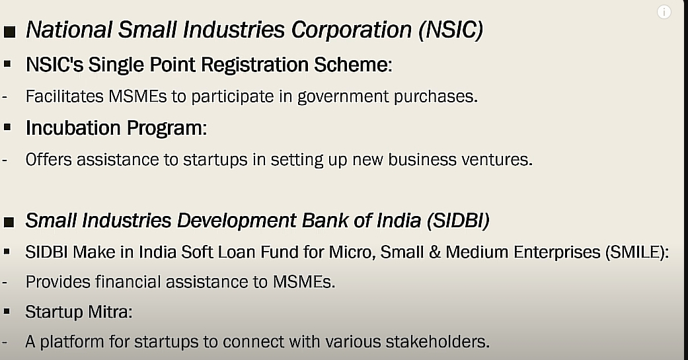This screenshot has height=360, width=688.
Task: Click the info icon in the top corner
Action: [664, 12]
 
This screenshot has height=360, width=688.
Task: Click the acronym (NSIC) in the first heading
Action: [451, 30]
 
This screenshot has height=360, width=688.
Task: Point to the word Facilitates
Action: [65, 96]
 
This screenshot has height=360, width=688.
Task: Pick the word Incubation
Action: [73, 127]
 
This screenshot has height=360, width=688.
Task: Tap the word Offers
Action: [48, 159]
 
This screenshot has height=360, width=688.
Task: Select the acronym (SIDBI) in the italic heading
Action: [458, 220]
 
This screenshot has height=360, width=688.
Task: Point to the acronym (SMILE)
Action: [636, 252]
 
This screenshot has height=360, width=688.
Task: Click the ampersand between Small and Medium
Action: [435, 252]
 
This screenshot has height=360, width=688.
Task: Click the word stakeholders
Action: [438, 341]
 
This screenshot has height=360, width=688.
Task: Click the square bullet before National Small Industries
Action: [9, 32]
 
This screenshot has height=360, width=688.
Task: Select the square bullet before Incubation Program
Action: [7, 127]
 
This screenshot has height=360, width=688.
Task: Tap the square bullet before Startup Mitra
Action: [7, 311]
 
